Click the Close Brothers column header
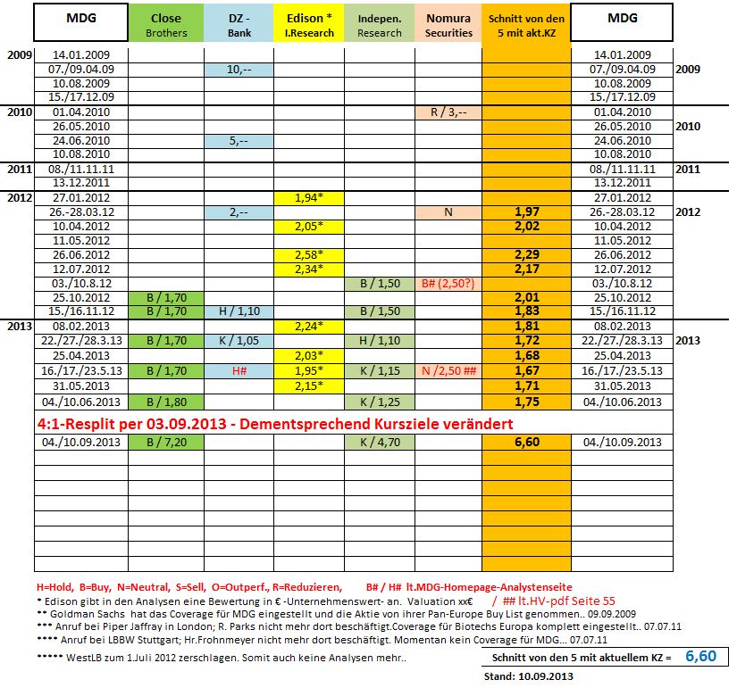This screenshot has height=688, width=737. pos(165,25)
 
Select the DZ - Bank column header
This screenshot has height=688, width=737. pos(239,25)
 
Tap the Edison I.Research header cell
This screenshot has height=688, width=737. pos(309,25)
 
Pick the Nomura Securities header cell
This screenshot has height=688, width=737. pos(448,25)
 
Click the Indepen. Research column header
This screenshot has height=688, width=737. pos(380,25)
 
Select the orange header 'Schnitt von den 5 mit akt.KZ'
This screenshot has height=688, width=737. pos(525,25)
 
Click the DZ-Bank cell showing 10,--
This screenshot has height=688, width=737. pos(239,70)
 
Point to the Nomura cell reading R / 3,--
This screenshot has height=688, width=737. pos(448,112)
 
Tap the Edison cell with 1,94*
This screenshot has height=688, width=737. pos(309,197)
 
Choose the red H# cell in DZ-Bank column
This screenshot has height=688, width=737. pos(239,370)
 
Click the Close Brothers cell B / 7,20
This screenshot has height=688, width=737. pos(165,442)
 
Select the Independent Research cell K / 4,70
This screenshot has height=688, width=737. pos(380,442)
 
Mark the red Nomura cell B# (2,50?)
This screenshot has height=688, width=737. pos(448,283)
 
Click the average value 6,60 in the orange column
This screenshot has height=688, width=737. pos(525,442)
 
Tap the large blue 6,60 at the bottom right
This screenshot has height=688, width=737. pos(700,656)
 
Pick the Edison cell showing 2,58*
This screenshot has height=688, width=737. pos(309,254)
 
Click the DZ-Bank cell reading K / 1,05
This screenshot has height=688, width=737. pos(239,341)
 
